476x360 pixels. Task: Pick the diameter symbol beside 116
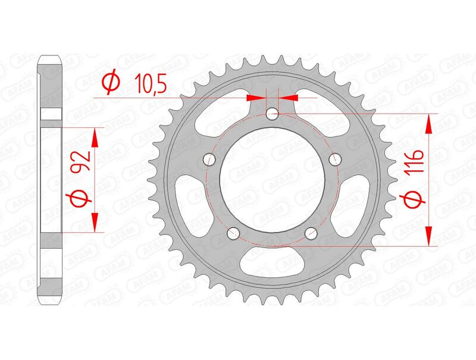click(414, 201)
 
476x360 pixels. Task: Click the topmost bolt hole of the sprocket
click(273, 112)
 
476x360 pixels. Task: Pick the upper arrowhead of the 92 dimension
click(93, 137)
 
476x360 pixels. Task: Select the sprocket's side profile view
click(51, 179)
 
